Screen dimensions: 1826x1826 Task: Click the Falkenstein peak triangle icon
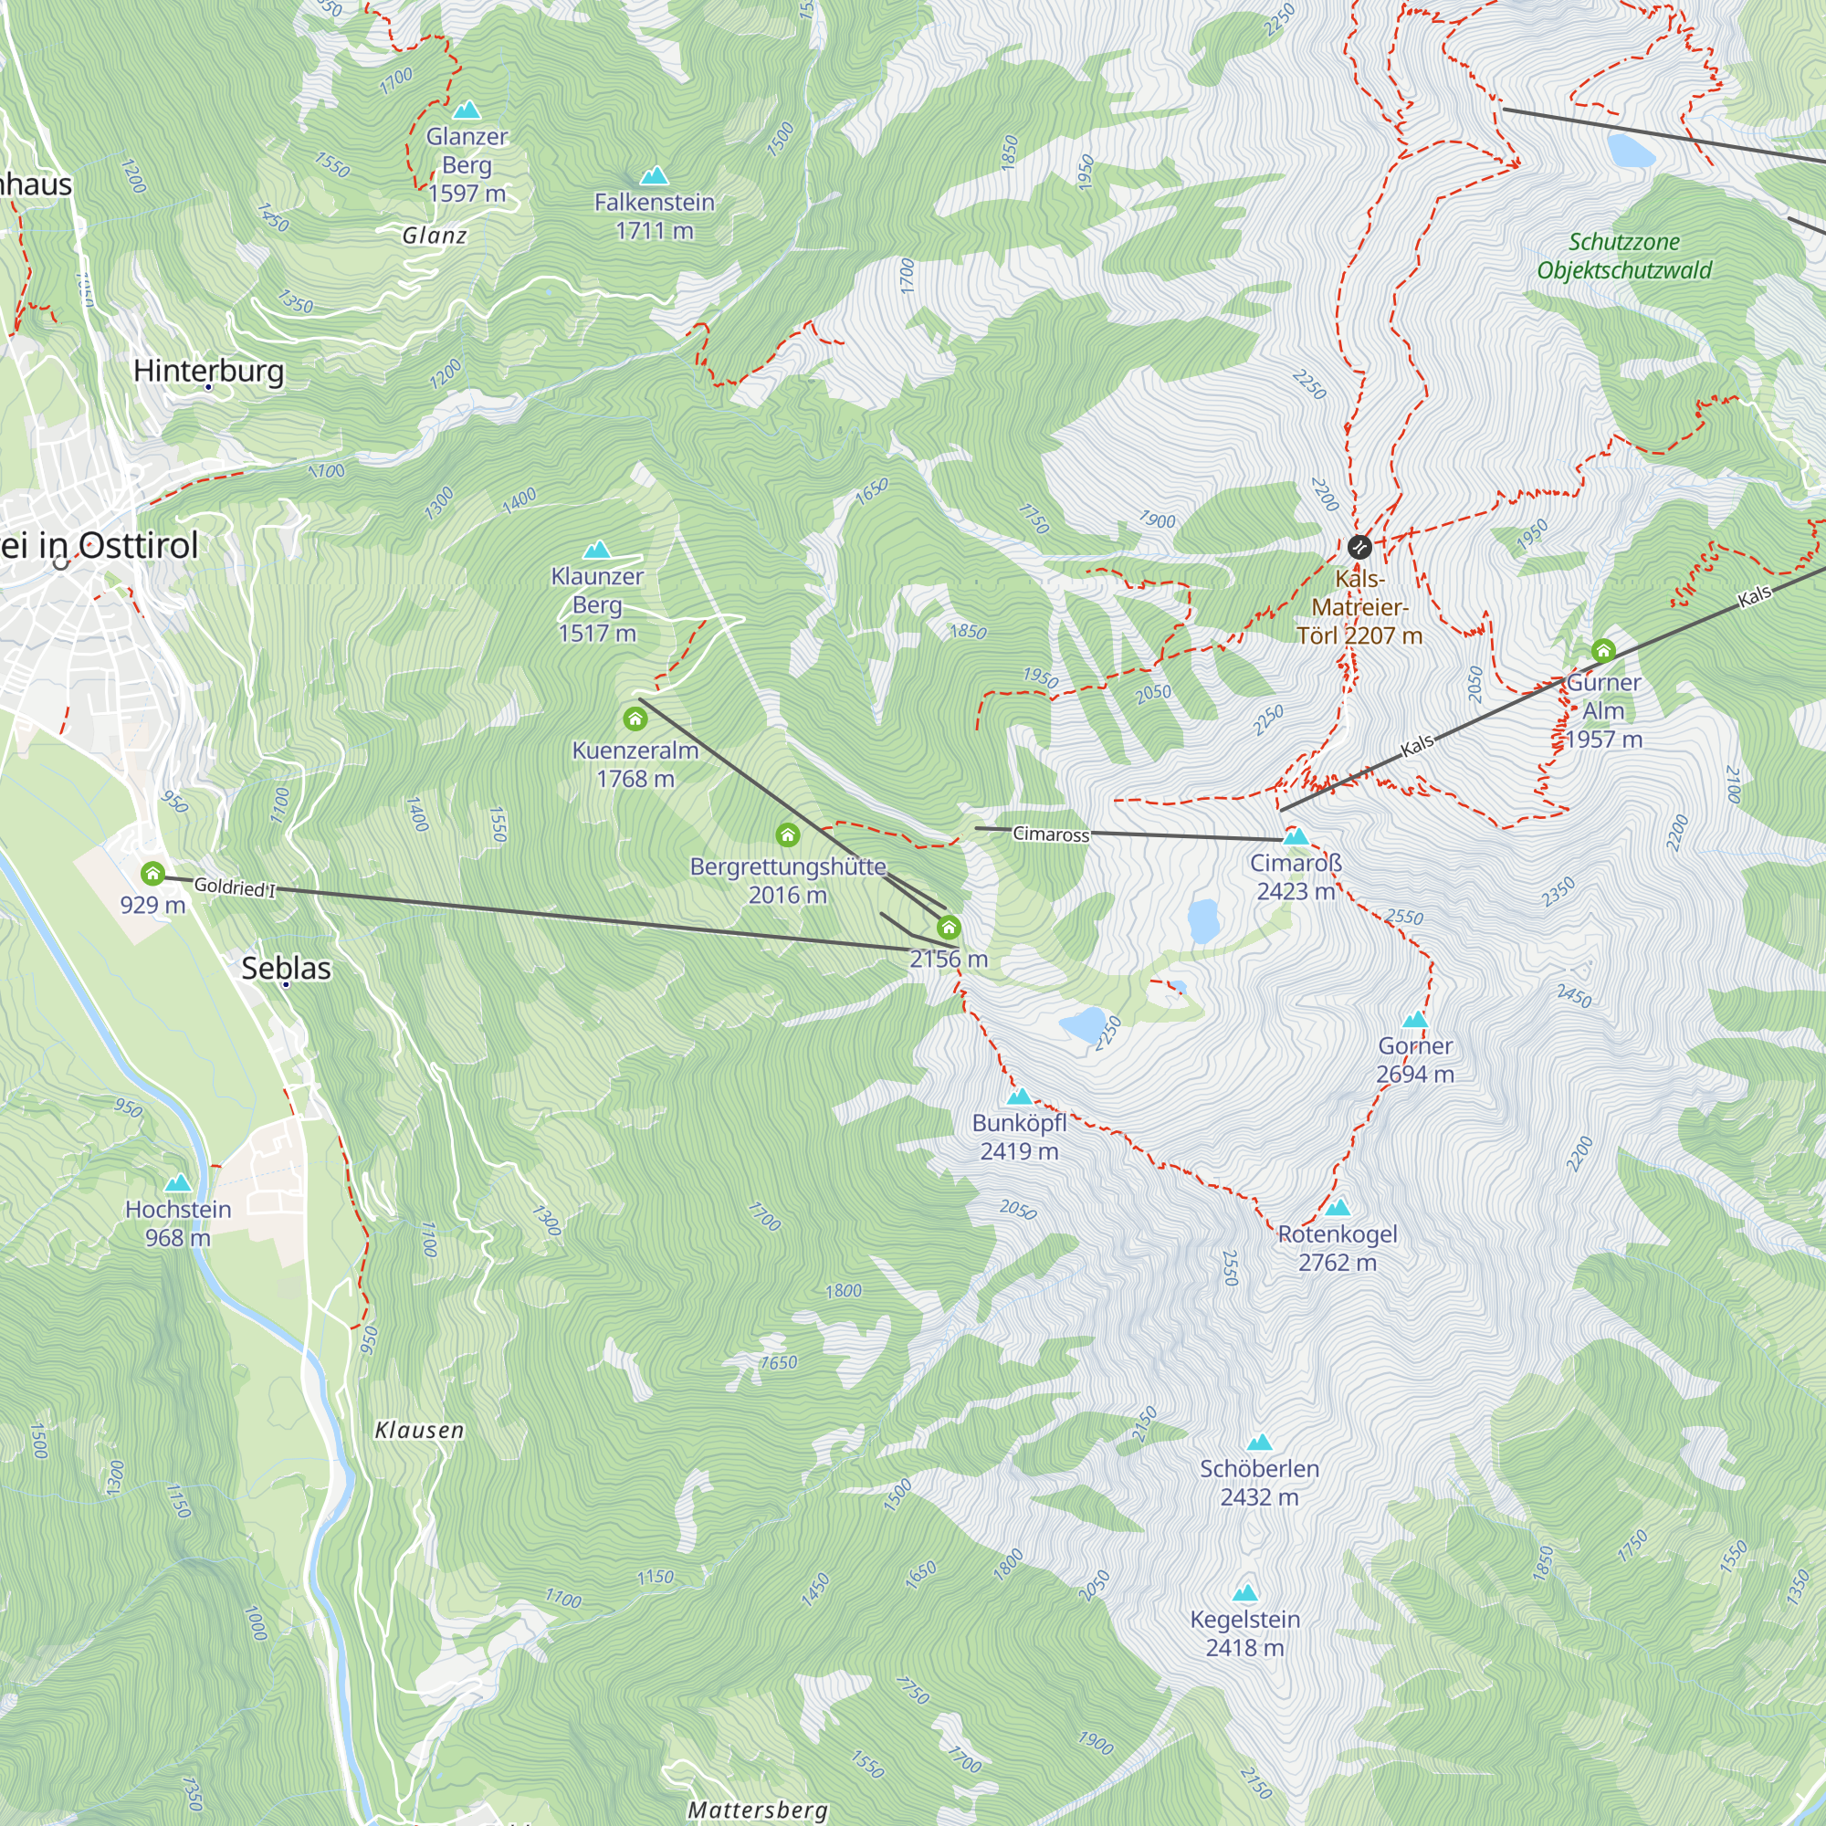point(654,176)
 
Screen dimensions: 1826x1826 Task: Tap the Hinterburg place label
point(208,371)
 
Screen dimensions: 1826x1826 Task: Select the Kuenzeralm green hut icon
point(635,719)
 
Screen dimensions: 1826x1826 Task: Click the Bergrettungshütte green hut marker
point(787,834)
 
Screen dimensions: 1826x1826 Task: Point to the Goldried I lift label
point(235,887)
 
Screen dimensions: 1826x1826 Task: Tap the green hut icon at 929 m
point(152,874)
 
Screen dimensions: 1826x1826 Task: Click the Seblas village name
point(286,968)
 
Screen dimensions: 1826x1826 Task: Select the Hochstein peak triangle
point(178,1183)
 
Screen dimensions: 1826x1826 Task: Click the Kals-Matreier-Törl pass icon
point(1359,546)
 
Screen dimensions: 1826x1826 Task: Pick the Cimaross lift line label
point(1051,834)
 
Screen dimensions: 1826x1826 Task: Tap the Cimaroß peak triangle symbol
point(1296,836)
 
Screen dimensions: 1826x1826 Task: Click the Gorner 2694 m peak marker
point(1415,1019)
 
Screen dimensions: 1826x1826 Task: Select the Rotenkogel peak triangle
point(1338,1207)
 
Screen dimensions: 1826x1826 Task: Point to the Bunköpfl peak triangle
point(1019,1097)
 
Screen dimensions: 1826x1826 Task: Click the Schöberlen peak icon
point(1259,1443)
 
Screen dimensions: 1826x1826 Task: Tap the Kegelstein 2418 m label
point(1244,1633)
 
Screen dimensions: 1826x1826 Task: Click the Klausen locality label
point(420,1430)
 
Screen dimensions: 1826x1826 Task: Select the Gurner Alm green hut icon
point(1603,650)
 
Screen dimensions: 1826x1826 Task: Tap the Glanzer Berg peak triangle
point(466,110)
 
